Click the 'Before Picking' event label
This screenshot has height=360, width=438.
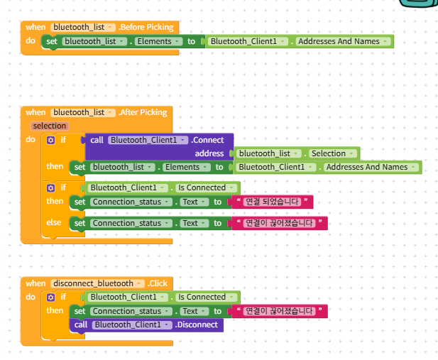pyautogui.click(x=146, y=27)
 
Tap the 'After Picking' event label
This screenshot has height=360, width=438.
pyautogui.click(x=143, y=112)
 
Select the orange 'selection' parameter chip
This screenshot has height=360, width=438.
pyautogui.click(x=50, y=126)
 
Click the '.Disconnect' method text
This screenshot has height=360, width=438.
pyautogui.click(x=197, y=324)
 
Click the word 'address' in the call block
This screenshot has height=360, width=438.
pyautogui.click(x=209, y=153)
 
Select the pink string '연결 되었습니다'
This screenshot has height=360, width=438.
pyautogui.click(x=272, y=202)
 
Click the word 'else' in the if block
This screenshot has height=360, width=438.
pyautogui.click(x=54, y=222)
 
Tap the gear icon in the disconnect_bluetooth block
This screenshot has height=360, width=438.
pyautogui.click(x=50, y=297)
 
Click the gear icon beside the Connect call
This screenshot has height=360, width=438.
pyautogui.click(x=50, y=140)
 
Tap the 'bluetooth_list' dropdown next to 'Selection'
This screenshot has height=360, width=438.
pyautogui.click(x=268, y=153)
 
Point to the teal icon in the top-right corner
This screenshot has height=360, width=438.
pyautogui.click(x=418, y=3)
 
